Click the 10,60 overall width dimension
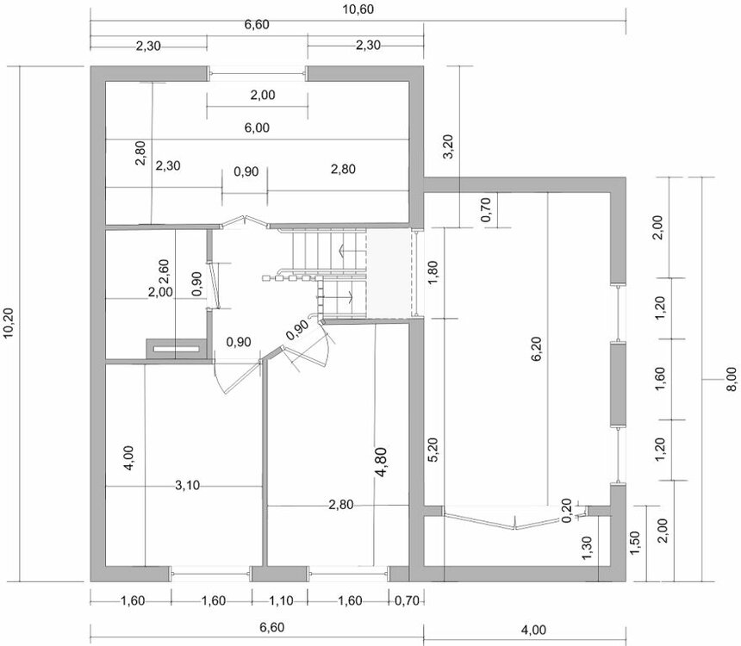[x=358, y=9]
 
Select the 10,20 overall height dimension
[x=9, y=323]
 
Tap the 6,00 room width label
[x=257, y=127]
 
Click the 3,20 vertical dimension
[x=447, y=146]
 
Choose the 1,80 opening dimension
[x=433, y=273]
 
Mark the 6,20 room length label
[x=537, y=349]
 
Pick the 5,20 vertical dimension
[x=433, y=450]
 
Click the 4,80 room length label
[x=381, y=463]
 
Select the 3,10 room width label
[x=188, y=485]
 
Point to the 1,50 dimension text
[x=635, y=544]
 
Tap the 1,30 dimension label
[x=587, y=548]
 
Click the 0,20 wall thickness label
[x=567, y=511]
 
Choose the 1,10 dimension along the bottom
[x=281, y=600]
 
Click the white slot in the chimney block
[x=176, y=349]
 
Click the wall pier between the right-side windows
[x=618, y=384]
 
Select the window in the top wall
[x=258, y=73]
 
